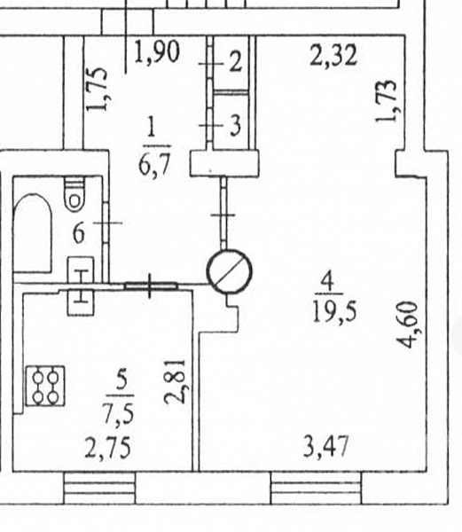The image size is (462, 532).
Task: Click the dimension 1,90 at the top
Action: (x=156, y=51)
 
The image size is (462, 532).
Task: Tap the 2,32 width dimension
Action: (x=333, y=54)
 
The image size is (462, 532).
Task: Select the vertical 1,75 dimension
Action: (x=97, y=90)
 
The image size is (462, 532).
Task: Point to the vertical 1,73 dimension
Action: (x=387, y=100)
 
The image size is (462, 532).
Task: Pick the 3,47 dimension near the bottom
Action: (x=326, y=446)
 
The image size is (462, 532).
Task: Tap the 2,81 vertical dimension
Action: (x=175, y=381)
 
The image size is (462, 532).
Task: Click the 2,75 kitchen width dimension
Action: (x=107, y=448)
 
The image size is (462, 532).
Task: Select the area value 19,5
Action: (x=334, y=311)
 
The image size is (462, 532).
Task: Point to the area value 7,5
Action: (x=119, y=413)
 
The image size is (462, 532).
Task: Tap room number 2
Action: (x=236, y=62)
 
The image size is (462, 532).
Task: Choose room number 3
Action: (x=236, y=126)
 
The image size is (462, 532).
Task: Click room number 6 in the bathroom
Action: (x=79, y=233)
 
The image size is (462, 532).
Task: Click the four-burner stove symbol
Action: (x=45, y=386)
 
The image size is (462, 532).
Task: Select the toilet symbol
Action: (x=74, y=194)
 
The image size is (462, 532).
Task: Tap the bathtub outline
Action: (x=33, y=232)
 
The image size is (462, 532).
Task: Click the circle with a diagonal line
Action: (x=230, y=272)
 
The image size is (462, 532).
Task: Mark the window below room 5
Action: (x=99, y=488)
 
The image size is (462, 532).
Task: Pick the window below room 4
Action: (x=317, y=488)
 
